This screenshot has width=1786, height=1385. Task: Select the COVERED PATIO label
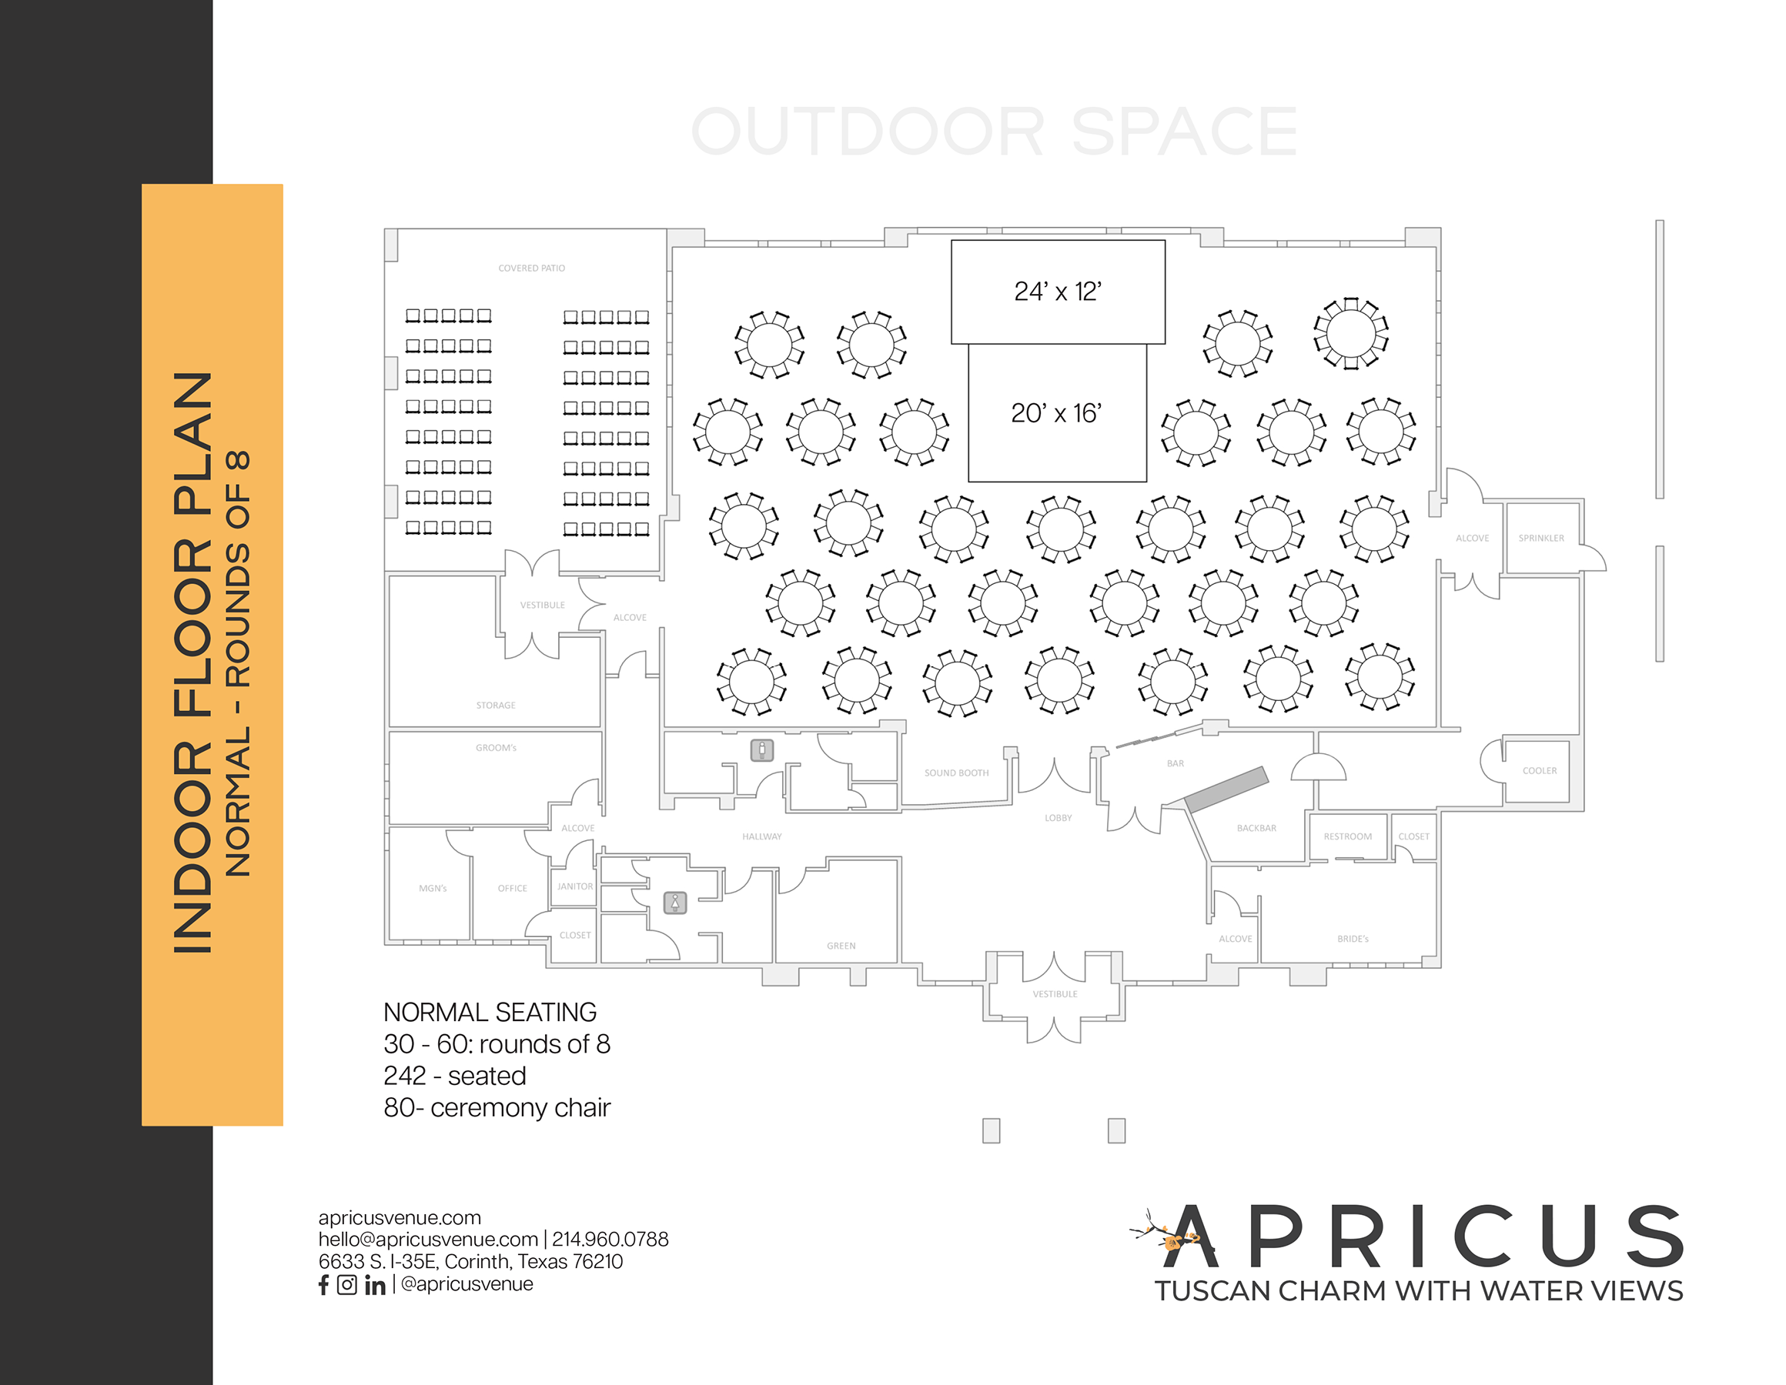[x=531, y=269]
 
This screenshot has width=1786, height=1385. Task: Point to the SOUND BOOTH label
[x=956, y=773]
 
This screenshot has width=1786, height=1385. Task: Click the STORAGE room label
[x=496, y=705]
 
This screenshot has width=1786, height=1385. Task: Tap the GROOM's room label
[x=496, y=747]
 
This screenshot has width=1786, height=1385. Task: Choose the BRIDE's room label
[x=1353, y=939]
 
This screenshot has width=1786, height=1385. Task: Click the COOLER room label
[x=1540, y=770]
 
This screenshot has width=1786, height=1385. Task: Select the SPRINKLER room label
[x=1540, y=538]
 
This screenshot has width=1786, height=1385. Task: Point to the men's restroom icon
[x=762, y=749]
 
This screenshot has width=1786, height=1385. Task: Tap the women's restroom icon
[x=674, y=903]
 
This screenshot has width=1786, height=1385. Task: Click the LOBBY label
[x=1059, y=818]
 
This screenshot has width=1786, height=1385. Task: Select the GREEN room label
[x=841, y=946]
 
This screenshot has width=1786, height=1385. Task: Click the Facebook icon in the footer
[x=324, y=1284]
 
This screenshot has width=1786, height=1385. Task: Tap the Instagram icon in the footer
[x=346, y=1284]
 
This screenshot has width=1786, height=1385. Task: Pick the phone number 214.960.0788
[x=610, y=1240]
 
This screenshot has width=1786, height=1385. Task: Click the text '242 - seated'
[x=455, y=1076]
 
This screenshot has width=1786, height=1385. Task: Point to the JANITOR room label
[x=575, y=886]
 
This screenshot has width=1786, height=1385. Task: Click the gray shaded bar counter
[x=1226, y=788]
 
